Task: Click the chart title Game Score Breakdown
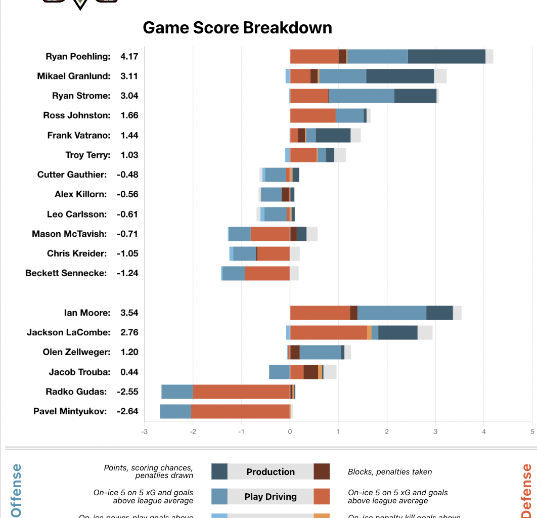tap(237, 27)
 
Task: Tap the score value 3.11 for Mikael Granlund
tap(129, 76)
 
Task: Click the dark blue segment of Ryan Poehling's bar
tap(446, 56)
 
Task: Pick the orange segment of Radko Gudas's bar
tap(241, 392)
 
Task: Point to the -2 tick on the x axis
tap(193, 431)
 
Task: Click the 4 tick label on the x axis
tap(484, 431)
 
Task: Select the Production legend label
tap(271, 471)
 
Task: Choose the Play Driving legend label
tap(271, 496)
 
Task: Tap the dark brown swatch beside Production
tap(322, 471)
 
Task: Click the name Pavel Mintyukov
tap(70, 411)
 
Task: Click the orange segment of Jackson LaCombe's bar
tap(328, 332)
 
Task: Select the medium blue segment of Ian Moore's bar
tap(391, 313)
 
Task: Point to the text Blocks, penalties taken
tap(390, 471)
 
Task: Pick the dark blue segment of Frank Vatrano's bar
tap(333, 135)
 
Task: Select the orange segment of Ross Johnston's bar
tap(312, 115)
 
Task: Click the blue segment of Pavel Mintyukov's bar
tap(175, 411)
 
